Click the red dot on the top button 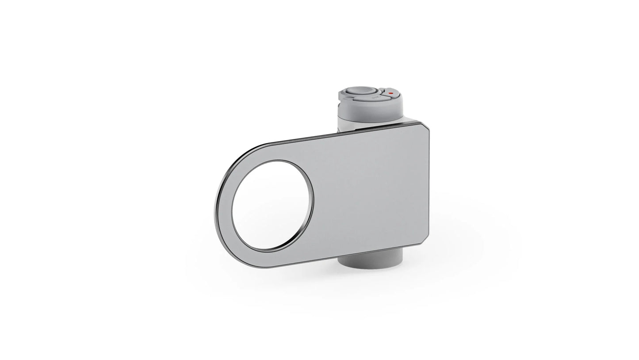[x=390, y=93]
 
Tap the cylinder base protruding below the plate [x=371, y=261]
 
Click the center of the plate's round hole [x=272, y=206]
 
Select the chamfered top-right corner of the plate [x=426, y=128]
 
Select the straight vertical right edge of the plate [x=429, y=186]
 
